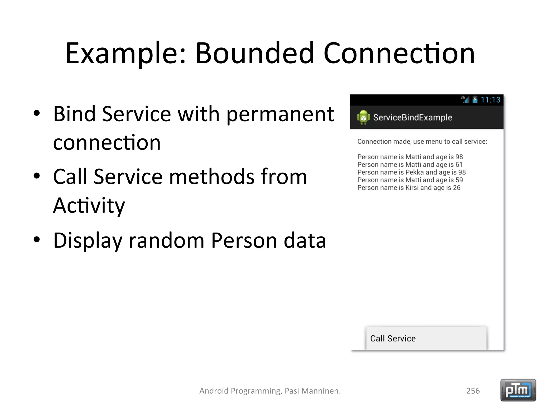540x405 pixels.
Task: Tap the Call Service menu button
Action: click(426, 338)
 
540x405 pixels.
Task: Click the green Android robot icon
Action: click(363, 117)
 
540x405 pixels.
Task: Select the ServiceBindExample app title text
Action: click(412, 118)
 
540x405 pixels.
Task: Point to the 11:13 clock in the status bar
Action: click(490, 100)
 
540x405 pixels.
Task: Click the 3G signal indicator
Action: click(465, 99)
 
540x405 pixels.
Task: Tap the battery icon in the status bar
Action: click(475, 100)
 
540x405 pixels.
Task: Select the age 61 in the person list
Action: click(459, 165)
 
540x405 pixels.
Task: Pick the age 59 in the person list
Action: click(459, 180)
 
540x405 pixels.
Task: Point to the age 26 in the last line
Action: click(456, 188)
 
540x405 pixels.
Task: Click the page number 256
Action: click(473, 391)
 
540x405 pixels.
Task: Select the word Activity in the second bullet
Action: click(89, 206)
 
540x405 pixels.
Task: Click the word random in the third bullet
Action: click(166, 240)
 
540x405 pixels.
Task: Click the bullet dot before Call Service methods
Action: click(37, 176)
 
